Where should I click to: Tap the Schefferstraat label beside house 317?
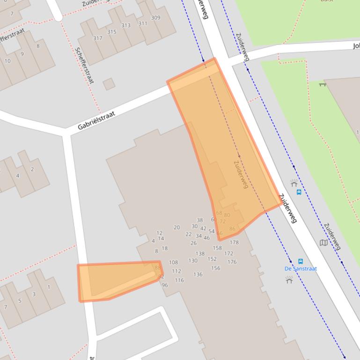pos(84,65)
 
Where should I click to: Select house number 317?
pos(97,38)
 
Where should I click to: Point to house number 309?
pos(155,18)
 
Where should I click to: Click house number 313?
pos(126,25)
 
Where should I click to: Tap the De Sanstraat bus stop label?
pos(301,268)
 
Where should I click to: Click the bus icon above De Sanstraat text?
pos(301,261)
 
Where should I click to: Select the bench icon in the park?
pos(322,85)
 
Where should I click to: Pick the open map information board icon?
pos(323,243)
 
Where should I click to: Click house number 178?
pos(234,242)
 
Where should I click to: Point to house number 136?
pos(198,274)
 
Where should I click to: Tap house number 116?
pos(179,280)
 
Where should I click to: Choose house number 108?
pos(173,262)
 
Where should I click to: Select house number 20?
pos(176,227)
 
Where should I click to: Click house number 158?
pos(217,248)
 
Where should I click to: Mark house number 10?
pos(7,61)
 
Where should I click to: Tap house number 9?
pos(22,54)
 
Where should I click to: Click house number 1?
pos(48,287)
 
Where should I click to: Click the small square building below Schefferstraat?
pos(109,84)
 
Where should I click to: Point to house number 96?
pos(165,285)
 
